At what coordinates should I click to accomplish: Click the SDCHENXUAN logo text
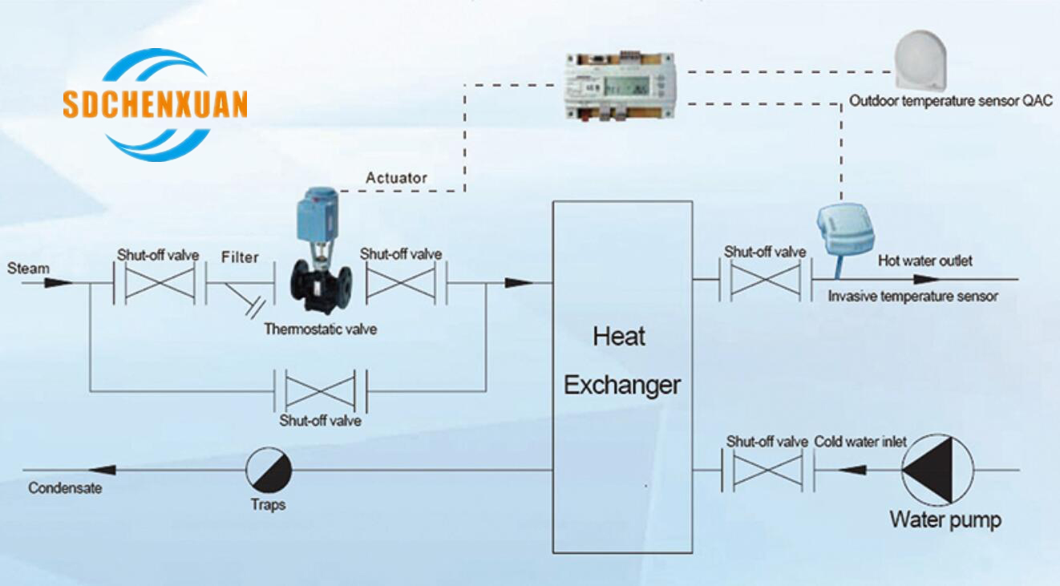(155, 105)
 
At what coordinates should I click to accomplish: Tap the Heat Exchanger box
(622, 377)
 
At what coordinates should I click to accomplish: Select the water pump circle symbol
(937, 470)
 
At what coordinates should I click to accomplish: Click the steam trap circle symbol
(268, 470)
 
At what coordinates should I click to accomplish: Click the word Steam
(28, 269)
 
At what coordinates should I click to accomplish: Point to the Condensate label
(65, 487)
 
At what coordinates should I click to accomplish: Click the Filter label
(240, 257)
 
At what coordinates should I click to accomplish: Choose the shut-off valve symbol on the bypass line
(321, 391)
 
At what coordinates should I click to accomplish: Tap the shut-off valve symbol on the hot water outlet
(765, 280)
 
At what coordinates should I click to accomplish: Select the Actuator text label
(396, 178)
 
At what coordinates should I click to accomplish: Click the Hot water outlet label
(924, 261)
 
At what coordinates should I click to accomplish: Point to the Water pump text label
(945, 519)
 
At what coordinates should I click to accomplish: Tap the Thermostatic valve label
(321, 329)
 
